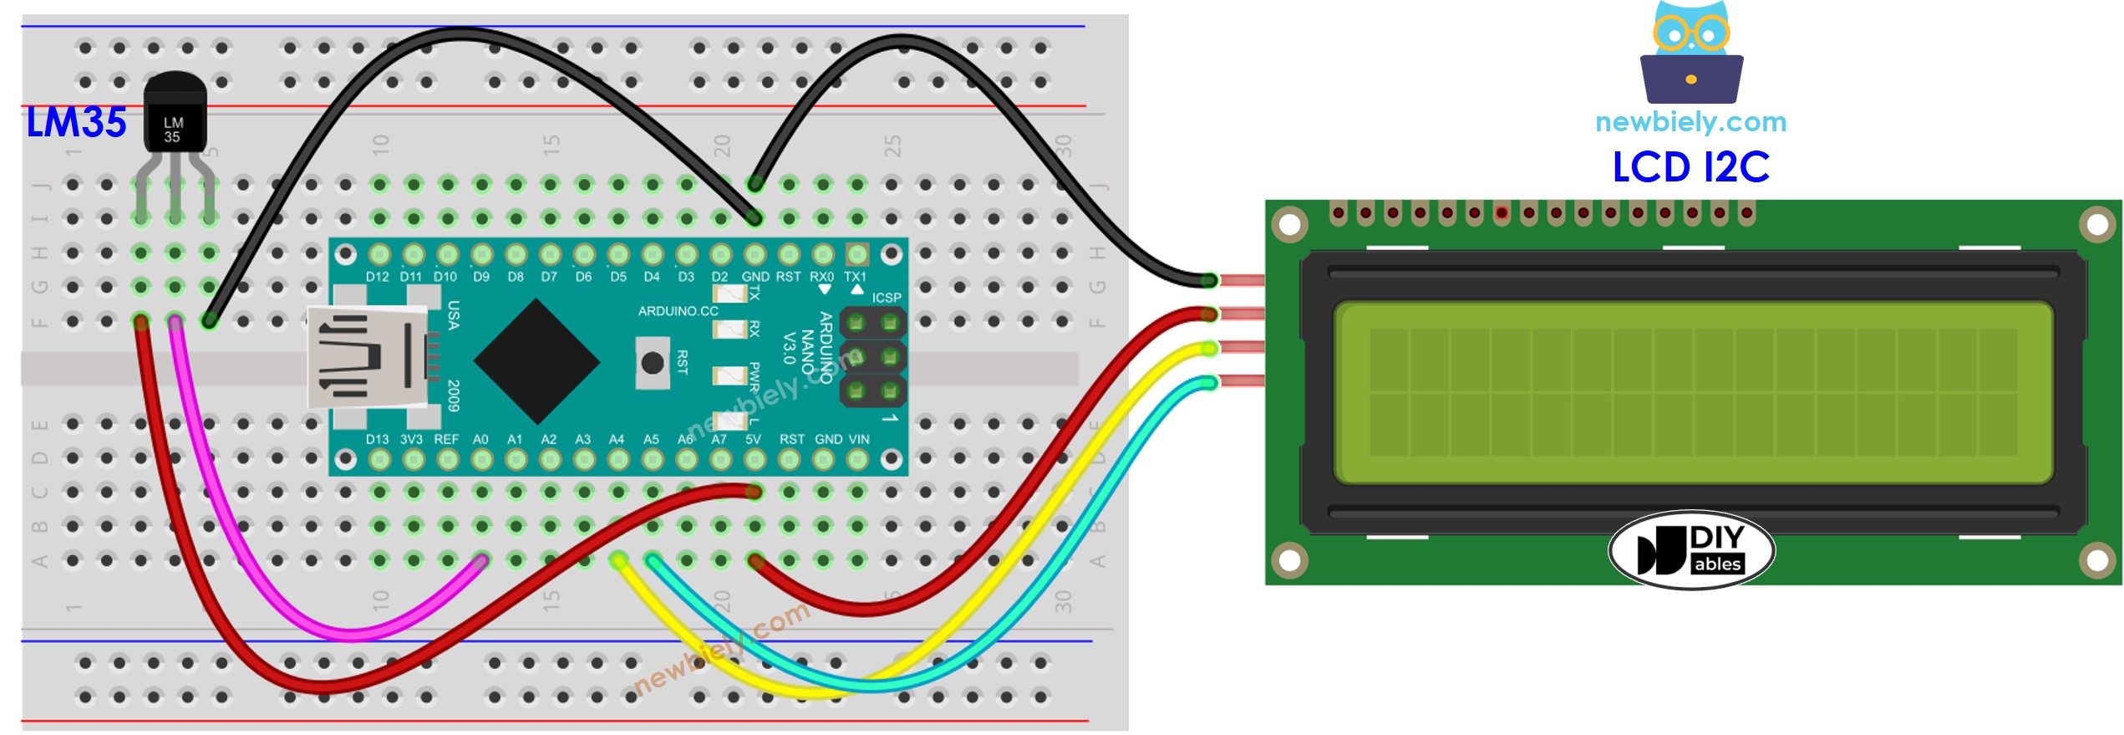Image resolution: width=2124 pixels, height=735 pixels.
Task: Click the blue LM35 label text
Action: [x=76, y=122]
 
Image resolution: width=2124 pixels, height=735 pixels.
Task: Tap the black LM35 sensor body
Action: [x=175, y=113]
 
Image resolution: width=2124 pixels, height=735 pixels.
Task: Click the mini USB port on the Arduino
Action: [x=368, y=357]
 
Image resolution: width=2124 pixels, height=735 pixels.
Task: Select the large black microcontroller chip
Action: [x=536, y=361]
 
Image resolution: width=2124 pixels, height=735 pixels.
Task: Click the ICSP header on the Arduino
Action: [x=872, y=356]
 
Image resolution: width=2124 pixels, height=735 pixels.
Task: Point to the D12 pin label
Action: [x=377, y=277]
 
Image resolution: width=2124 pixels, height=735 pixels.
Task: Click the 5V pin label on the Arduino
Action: [x=753, y=439]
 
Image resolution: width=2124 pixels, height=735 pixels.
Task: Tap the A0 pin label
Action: [x=480, y=439]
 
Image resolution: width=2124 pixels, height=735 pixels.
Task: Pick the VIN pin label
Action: [x=859, y=439]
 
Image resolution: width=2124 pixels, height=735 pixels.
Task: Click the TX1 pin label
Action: [x=855, y=277]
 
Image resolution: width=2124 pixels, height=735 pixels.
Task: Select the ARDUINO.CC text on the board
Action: [x=678, y=311]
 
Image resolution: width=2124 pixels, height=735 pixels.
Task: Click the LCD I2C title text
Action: [x=1690, y=167]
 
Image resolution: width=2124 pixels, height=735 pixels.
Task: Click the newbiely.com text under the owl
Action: [x=1690, y=122]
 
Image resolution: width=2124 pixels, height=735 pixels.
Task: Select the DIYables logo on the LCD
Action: [x=1691, y=550]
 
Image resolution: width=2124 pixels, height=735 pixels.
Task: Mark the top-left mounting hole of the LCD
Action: [x=1289, y=224]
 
